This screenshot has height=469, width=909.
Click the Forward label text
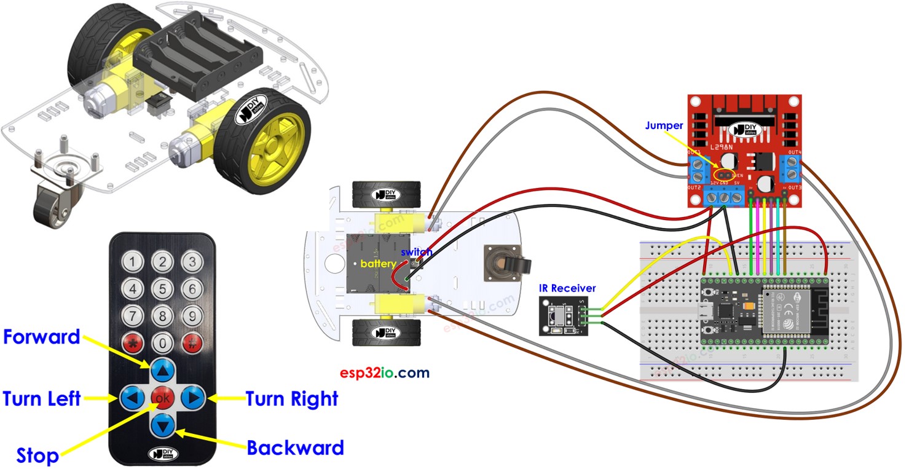(42, 337)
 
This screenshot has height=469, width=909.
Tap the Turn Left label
(42, 398)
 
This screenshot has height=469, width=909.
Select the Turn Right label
(292, 398)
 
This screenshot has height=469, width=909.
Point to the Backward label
(295, 447)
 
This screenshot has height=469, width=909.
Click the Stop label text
(37, 455)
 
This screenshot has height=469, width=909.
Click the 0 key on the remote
(163, 343)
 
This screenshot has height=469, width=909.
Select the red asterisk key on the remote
(133, 343)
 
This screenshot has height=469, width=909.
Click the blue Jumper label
(664, 125)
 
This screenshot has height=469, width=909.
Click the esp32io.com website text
(385, 373)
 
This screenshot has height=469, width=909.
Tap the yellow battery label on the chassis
(378, 263)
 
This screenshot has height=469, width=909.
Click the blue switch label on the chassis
(417, 252)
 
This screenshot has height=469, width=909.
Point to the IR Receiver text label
(567, 288)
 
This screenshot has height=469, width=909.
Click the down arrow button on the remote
(163, 425)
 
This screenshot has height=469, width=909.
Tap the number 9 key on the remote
(192, 316)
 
